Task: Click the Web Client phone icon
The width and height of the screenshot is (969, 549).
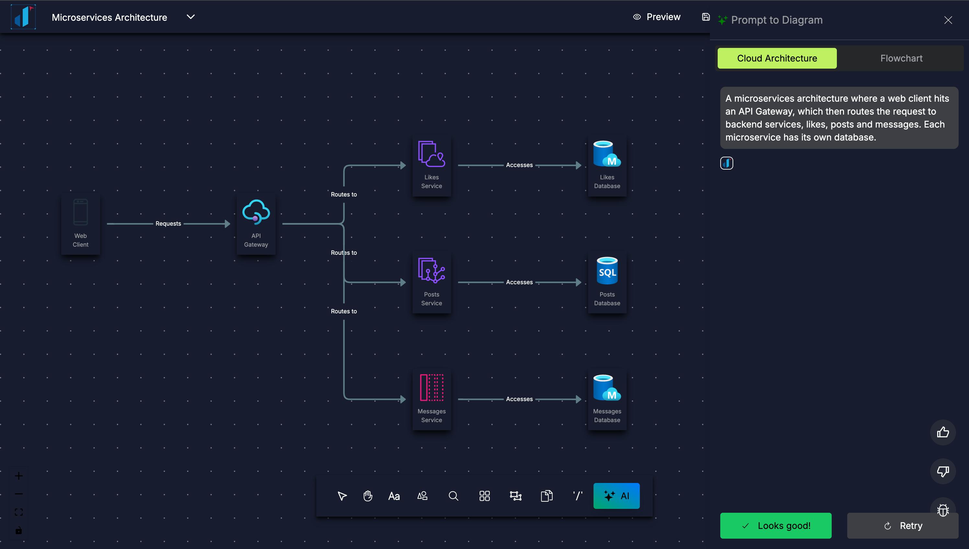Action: tap(80, 212)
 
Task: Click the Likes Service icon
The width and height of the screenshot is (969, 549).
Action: tap(431, 153)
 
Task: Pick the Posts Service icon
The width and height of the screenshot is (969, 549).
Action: tap(431, 270)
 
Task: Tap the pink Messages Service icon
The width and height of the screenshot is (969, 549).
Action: tap(431, 387)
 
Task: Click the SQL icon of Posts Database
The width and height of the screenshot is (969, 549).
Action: tap(607, 270)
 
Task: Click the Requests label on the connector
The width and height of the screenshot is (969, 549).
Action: tap(168, 224)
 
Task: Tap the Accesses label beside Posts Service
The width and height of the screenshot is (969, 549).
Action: tap(519, 282)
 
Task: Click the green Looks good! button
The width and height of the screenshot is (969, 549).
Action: tap(776, 525)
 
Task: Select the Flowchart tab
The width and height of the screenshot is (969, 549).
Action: tap(901, 58)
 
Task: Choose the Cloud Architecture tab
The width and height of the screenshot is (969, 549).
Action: tap(777, 58)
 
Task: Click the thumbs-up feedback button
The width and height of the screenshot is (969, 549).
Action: tap(942, 432)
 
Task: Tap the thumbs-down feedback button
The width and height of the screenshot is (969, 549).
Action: tap(942, 471)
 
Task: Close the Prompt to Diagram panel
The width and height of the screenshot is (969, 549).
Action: tap(948, 20)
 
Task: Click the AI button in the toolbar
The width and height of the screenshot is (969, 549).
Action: tap(616, 496)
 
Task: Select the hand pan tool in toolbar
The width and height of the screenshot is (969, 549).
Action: tap(368, 496)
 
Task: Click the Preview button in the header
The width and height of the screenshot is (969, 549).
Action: tap(657, 17)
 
